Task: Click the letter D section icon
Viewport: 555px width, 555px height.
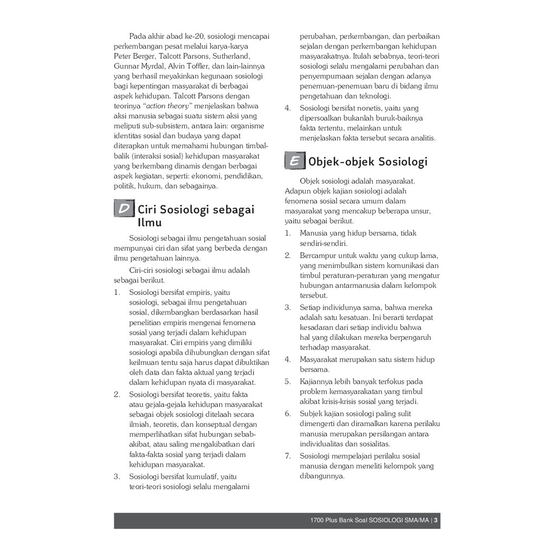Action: pyautogui.click(x=124, y=209)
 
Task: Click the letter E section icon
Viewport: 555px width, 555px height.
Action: pyautogui.click(x=294, y=161)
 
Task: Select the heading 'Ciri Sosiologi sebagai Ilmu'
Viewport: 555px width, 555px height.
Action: pyautogui.click(x=196, y=215)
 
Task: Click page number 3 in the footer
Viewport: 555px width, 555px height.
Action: pyautogui.click(x=436, y=521)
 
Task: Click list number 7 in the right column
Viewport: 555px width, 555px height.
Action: pyautogui.click(x=288, y=456)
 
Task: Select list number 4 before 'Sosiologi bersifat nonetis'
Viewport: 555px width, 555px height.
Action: pyautogui.click(x=288, y=108)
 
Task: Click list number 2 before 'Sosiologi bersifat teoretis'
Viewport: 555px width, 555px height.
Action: pyautogui.click(x=117, y=394)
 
